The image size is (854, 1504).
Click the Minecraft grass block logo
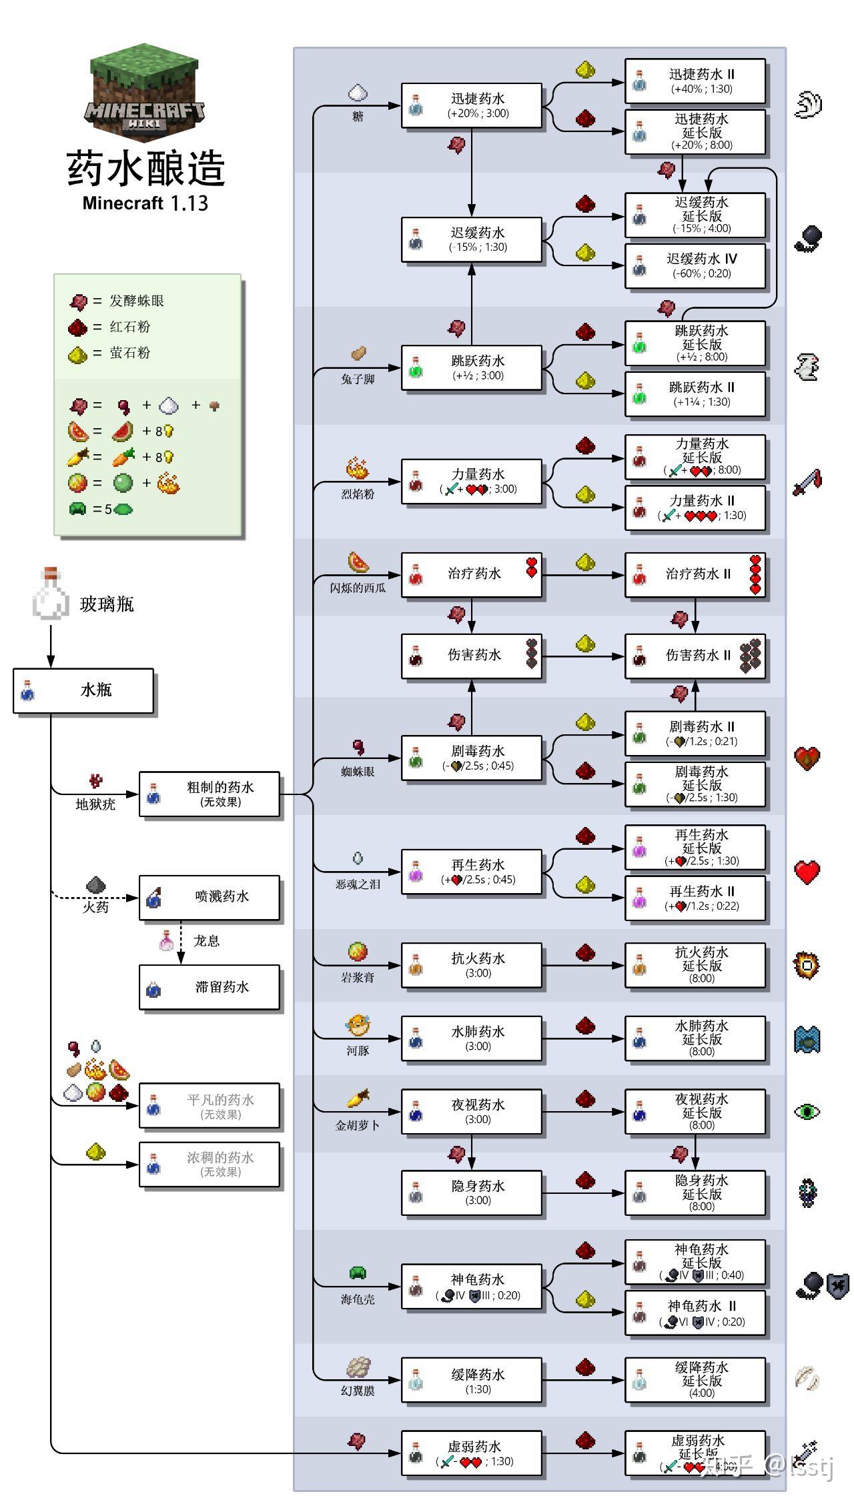point(144,90)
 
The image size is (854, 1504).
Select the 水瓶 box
point(83,690)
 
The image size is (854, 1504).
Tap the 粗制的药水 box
point(209,794)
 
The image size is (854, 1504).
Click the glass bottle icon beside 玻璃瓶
point(50,594)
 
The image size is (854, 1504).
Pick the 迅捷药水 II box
point(695,81)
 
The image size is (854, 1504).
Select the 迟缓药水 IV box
point(695,265)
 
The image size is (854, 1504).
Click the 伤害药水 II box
point(695,656)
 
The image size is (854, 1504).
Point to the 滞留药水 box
point(209,987)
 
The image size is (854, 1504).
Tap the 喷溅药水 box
point(209,897)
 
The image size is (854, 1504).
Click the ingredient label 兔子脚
point(358,380)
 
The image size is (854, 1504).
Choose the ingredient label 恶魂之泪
point(358,884)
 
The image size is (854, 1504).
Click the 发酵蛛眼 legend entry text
point(136,301)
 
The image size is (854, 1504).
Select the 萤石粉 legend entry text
point(129,353)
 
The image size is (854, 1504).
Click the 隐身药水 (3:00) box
point(471,1193)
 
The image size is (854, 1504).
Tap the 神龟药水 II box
point(695,1313)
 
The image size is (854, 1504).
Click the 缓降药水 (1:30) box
point(471,1381)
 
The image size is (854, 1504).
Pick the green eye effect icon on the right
point(807,1111)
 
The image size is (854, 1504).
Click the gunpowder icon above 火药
point(96,886)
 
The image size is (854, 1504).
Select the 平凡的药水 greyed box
point(209,1106)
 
